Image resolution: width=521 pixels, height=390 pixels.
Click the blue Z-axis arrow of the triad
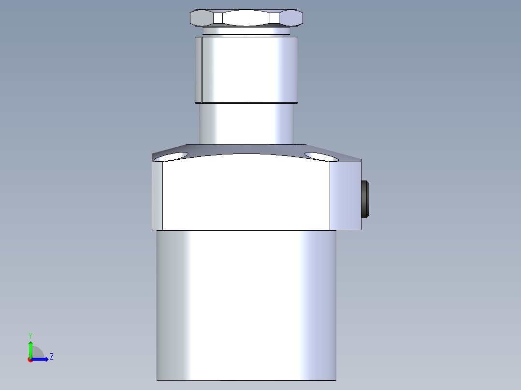pyautogui.click(x=43, y=359)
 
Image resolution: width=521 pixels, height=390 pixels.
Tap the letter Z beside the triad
pyautogui.click(x=52, y=357)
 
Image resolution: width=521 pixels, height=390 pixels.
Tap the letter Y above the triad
pyautogui.click(x=30, y=335)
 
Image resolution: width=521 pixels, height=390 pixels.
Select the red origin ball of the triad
pyautogui.click(x=30, y=359)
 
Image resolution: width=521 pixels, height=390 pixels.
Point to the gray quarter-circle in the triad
pyautogui.click(x=37, y=353)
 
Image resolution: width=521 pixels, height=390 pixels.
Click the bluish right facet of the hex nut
pyautogui.click(x=291, y=18)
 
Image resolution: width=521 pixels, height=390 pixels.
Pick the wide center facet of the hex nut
pyautogui.click(x=246, y=18)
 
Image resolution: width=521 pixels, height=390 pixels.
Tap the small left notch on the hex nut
pyautogui.click(x=218, y=18)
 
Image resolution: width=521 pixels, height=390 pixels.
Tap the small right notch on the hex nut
pyautogui.click(x=275, y=18)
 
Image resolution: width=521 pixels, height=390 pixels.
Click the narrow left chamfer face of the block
pyautogui.click(x=158, y=195)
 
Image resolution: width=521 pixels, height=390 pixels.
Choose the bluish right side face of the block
pyautogui.click(x=345, y=195)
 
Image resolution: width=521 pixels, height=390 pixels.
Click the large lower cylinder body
pyautogui.click(x=246, y=304)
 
